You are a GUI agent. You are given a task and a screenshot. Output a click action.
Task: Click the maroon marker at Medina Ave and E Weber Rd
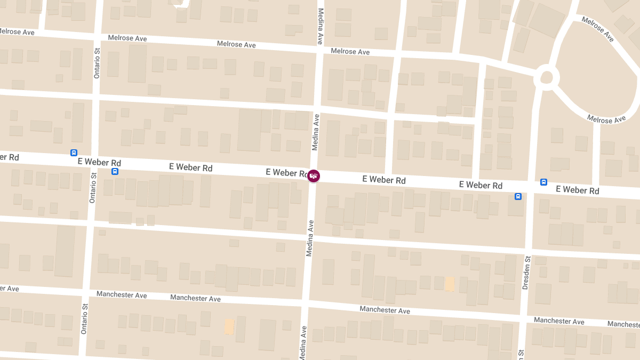click(x=314, y=175)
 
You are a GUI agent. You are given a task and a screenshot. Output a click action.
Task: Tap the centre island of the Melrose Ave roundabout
click(x=547, y=78)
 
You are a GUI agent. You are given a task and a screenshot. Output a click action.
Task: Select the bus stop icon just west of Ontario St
click(x=74, y=153)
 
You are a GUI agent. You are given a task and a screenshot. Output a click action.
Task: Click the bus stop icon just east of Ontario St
click(x=115, y=171)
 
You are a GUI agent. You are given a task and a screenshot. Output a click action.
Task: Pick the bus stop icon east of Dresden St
click(x=543, y=182)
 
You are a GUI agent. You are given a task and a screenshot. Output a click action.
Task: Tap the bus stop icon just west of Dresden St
click(x=518, y=196)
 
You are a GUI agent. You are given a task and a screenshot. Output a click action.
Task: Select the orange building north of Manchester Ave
click(x=450, y=284)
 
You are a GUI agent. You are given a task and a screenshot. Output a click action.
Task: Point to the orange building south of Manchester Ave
click(x=229, y=326)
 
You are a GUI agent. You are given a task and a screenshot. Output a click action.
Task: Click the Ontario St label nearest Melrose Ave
click(x=97, y=64)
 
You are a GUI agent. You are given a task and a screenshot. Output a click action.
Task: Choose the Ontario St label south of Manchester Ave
click(x=84, y=319)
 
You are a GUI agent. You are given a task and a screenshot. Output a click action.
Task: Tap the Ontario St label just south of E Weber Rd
click(x=93, y=188)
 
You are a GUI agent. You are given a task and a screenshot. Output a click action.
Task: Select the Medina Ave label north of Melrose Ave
click(x=321, y=26)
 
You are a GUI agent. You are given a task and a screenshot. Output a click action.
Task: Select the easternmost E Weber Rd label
click(x=578, y=190)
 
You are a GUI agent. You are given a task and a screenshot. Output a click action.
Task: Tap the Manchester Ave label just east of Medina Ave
click(x=385, y=310)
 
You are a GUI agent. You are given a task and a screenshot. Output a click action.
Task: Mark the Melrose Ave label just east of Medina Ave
click(x=350, y=52)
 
